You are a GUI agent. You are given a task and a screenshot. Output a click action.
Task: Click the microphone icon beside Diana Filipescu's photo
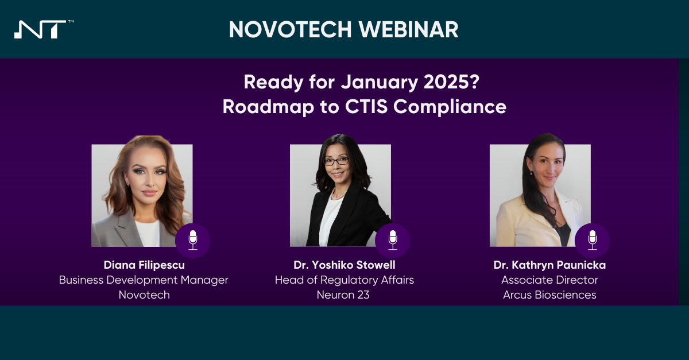[x=193, y=240]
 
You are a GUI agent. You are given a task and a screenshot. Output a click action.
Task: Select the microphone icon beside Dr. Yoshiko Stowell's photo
[x=393, y=240]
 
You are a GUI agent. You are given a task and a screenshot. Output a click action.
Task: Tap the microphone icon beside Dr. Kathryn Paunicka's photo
[x=592, y=240]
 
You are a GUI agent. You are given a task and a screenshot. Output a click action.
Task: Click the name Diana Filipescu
[x=144, y=265]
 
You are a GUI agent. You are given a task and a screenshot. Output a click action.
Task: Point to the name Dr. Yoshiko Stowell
[x=344, y=265]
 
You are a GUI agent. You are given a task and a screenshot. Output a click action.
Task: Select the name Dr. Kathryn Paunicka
[x=549, y=265]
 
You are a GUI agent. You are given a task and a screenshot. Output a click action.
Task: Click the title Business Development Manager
[x=144, y=280]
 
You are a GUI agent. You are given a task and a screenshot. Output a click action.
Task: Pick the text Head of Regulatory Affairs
[x=344, y=280]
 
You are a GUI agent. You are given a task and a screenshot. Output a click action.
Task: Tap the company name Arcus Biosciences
[x=549, y=295]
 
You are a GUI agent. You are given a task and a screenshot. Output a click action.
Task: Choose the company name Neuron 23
[x=343, y=295]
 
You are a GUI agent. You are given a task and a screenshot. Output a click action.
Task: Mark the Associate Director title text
[x=549, y=280]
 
